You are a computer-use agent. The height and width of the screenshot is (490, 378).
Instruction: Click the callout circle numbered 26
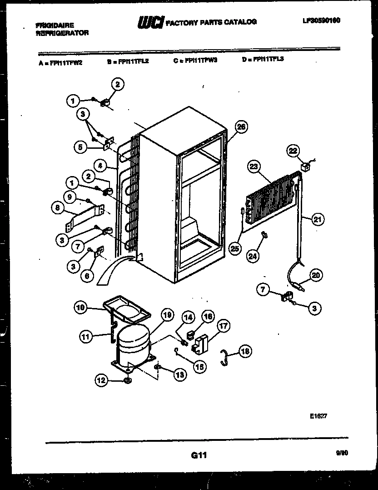coord(241,127)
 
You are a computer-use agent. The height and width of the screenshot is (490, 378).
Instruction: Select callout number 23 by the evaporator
coord(253,167)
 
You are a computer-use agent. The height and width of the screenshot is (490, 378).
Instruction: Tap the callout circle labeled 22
coord(293,151)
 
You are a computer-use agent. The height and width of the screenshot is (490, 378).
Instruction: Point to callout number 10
coord(80,308)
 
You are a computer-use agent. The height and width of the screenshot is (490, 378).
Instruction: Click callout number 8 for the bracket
coord(58,209)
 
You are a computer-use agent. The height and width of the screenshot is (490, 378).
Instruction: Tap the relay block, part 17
coord(200,344)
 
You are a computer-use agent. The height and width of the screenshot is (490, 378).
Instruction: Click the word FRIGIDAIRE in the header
coord(55,25)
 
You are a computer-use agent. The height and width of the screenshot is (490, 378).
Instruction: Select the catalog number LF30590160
coord(321,20)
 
